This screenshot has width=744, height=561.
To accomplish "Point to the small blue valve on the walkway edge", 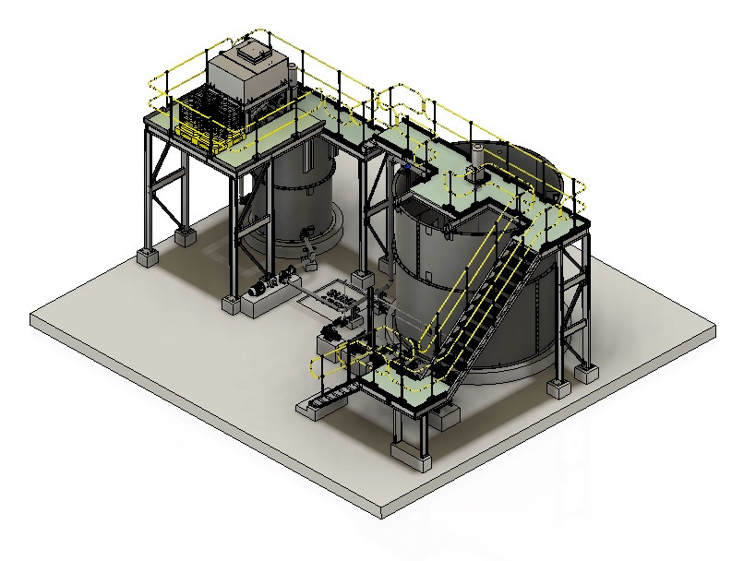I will [407, 166].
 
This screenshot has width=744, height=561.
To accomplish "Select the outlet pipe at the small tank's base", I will [308, 246].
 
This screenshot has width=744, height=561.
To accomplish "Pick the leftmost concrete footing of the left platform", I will [148, 256].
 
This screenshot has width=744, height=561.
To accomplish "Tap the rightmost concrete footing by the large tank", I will [585, 372].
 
